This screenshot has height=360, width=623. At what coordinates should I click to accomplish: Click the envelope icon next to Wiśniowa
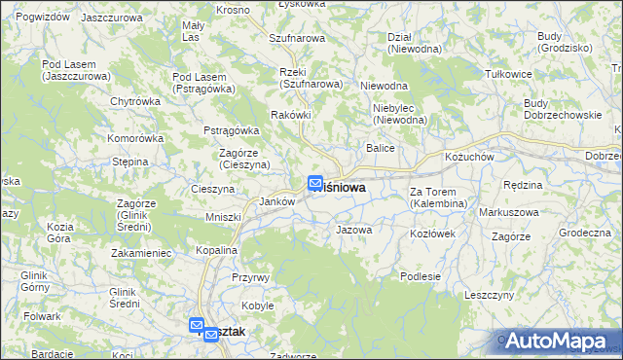(x=315, y=182)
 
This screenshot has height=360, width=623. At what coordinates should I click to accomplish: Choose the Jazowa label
(x=353, y=231)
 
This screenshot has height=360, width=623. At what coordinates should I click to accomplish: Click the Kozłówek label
(x=433, y=234)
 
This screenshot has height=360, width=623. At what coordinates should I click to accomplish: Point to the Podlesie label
(x=421, y=276)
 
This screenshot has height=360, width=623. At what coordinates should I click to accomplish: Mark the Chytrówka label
(x=135, y=100)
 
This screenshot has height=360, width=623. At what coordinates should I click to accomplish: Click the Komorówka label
(x=135, y=138)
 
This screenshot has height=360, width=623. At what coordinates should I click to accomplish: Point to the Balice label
(x=379, y=148)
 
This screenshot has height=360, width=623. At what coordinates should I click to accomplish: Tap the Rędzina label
(x=522, y=184)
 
